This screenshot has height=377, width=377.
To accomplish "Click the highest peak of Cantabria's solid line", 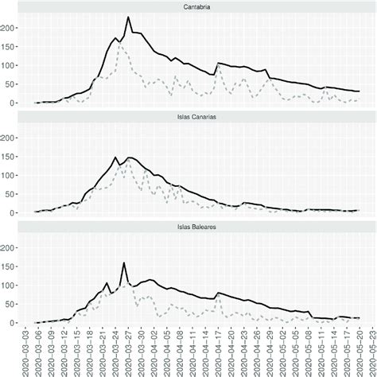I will [129, 17].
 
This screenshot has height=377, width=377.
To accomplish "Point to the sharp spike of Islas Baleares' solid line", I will [124, 262].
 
